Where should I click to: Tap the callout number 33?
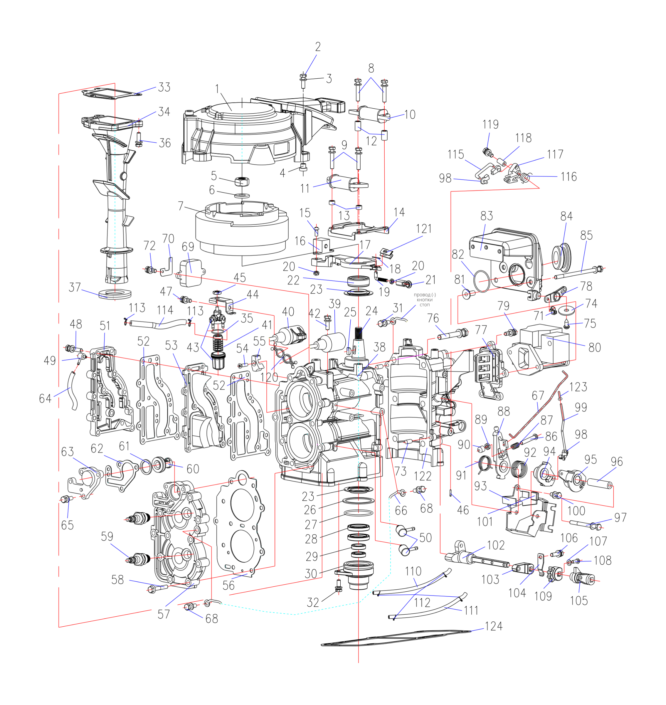point(164,87)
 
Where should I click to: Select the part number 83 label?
point(487,216)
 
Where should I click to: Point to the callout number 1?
point(217,88)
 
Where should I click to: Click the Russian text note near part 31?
point(425,300)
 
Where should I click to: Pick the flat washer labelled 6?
point(242,195)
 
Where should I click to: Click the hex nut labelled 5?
point(242,182)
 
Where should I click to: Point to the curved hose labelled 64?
point(72,390)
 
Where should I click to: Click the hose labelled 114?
point(158,324)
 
